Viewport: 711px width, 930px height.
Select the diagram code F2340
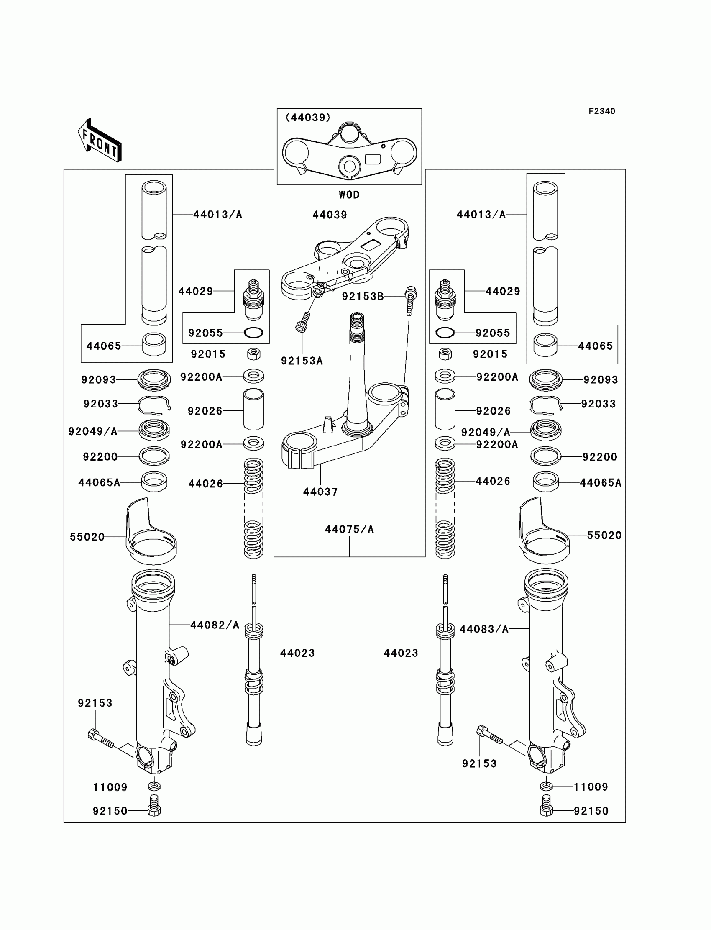[x=601, y=111]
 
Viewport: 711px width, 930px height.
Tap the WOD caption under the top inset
[x=349, y=195]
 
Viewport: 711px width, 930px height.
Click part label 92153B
[x=363, y=296]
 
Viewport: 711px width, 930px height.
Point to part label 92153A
[x=302, y=361]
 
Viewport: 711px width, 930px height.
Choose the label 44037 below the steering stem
[x=320, y=492]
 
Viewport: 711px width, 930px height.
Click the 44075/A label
[x=349, y=529]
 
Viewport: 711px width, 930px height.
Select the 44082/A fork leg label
[x=215, y=625]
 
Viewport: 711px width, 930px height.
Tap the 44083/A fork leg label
[x=484, y=629]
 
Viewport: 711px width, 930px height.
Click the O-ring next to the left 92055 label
[x=253, y=333]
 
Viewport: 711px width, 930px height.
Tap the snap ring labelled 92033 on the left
[x=154, y=405]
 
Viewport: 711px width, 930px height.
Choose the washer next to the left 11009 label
[x=154, y=787]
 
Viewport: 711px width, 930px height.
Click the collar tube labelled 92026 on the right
[x=445, y=410]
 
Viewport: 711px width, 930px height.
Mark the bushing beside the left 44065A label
[x=154, y=481]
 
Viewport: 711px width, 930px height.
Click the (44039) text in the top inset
[x=308, y=117]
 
